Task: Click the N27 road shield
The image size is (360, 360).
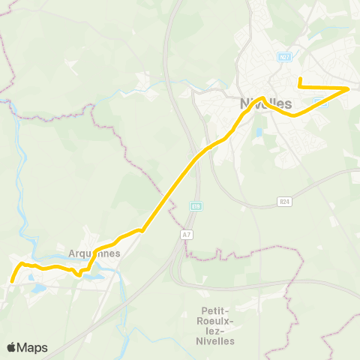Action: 283,57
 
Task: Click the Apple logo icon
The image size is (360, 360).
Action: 11,347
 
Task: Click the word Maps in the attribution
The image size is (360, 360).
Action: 32,348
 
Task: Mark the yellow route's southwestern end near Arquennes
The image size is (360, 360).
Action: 12,281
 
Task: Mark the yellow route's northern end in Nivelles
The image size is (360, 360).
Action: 299,79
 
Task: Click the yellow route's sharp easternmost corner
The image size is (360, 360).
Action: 349,89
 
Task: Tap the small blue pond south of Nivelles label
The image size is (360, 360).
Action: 259,132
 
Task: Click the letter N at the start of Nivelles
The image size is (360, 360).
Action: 244,103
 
